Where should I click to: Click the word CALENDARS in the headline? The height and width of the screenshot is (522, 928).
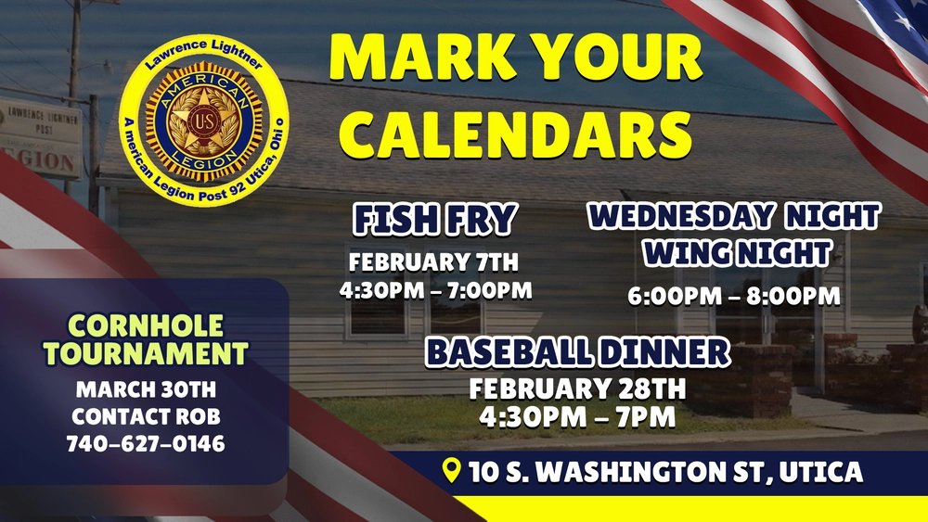point(515,134)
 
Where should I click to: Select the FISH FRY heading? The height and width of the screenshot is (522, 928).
point(435,219)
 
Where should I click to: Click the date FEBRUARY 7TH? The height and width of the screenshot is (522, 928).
point(433,261)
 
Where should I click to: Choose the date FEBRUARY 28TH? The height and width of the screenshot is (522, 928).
point(577,389)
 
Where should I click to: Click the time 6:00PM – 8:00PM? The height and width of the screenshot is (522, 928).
point(734,296)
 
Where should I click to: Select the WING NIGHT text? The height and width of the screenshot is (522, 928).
point(738,253)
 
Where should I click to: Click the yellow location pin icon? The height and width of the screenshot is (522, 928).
point(452,469)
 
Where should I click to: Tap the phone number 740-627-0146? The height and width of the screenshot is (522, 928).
point(146,444)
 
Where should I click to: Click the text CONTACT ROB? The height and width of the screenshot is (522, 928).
point(147,416)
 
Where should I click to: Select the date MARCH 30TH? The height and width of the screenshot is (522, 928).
point(147,389)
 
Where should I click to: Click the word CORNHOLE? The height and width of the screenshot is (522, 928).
point(146,325)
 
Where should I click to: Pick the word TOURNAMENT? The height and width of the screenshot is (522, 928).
point(146,353)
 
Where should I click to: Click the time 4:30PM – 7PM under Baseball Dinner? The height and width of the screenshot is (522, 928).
point(577,417)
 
